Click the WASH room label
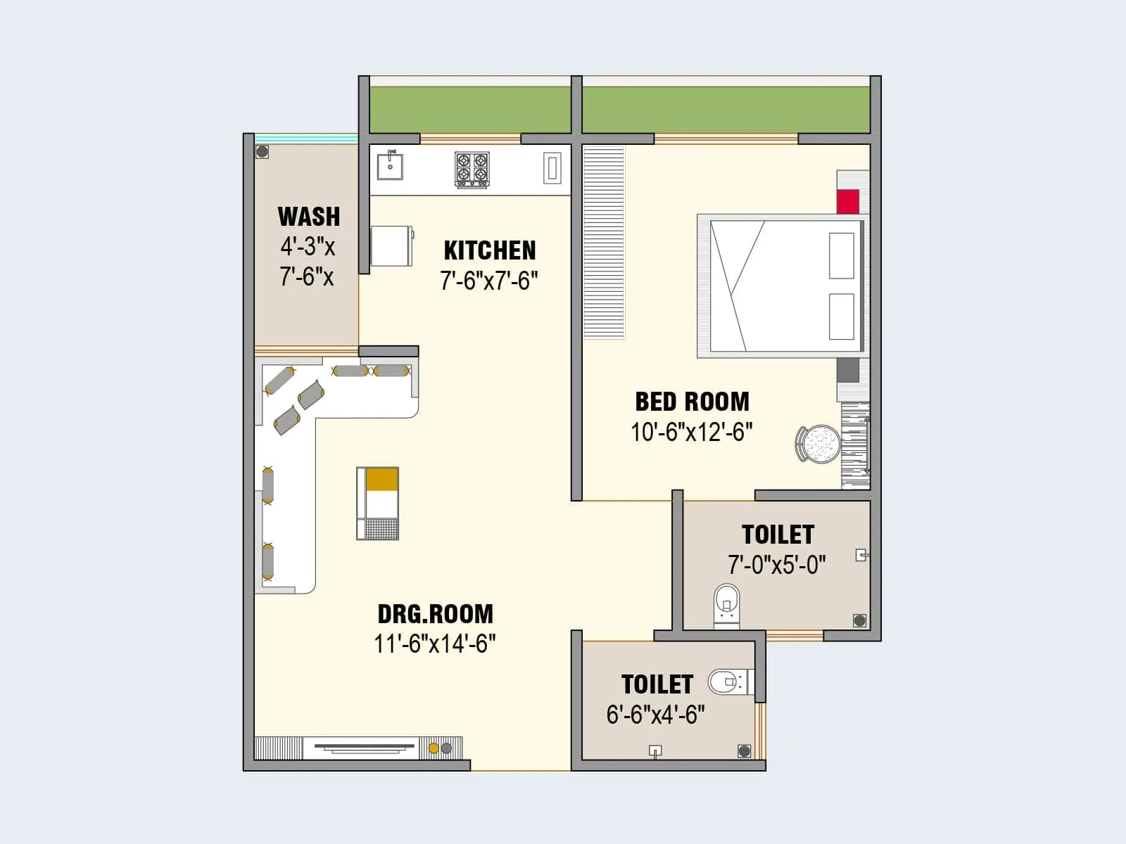point(308,217)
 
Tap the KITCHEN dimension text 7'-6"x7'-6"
point(489,281)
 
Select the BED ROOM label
point(692,402)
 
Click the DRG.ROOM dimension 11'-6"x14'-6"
point(435,644)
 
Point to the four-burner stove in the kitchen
point(472,170)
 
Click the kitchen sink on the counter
point(390,167)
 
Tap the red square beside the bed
point(848,201)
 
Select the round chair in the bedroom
point(819,444)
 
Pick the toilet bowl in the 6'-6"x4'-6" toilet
point(726,682)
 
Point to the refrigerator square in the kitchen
point(391,245)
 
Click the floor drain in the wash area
point(262,151)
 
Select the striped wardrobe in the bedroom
point(604,242)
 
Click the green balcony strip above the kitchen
point(470,109)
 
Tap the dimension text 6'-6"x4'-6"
point(655,715)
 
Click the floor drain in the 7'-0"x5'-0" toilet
point(859,620)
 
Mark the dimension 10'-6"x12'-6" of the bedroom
point(691,432)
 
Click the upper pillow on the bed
point(842,255)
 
